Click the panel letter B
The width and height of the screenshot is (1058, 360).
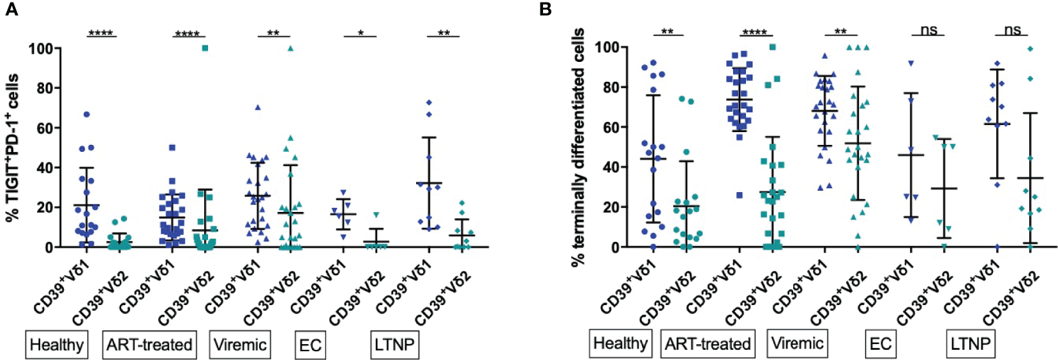tap(546, 10)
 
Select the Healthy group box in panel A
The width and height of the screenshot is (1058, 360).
tap(57, 345)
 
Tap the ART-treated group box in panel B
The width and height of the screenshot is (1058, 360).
tap(708, 344)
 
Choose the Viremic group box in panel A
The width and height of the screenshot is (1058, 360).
tap(240, 345)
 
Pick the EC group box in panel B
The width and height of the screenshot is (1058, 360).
tap(881, 344)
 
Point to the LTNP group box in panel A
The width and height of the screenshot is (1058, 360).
tap(394, 345)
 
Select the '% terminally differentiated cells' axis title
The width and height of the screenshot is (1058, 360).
tap(578, 147)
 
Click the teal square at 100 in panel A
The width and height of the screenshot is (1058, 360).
tap(205, 48)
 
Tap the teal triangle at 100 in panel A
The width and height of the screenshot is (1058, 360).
tap(290, 48)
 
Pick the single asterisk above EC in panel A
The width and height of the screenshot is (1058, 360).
tap(361, 33)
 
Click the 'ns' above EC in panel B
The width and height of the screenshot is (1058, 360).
tap(928, 29)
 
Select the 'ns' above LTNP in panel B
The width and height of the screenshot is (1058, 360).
tap(1012, 29)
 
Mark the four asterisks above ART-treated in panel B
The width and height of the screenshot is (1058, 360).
tap(755, 32)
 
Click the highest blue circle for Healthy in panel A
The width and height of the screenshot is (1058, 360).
tap(87, 114)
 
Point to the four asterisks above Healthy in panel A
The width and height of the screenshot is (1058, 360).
tap(101, 33)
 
